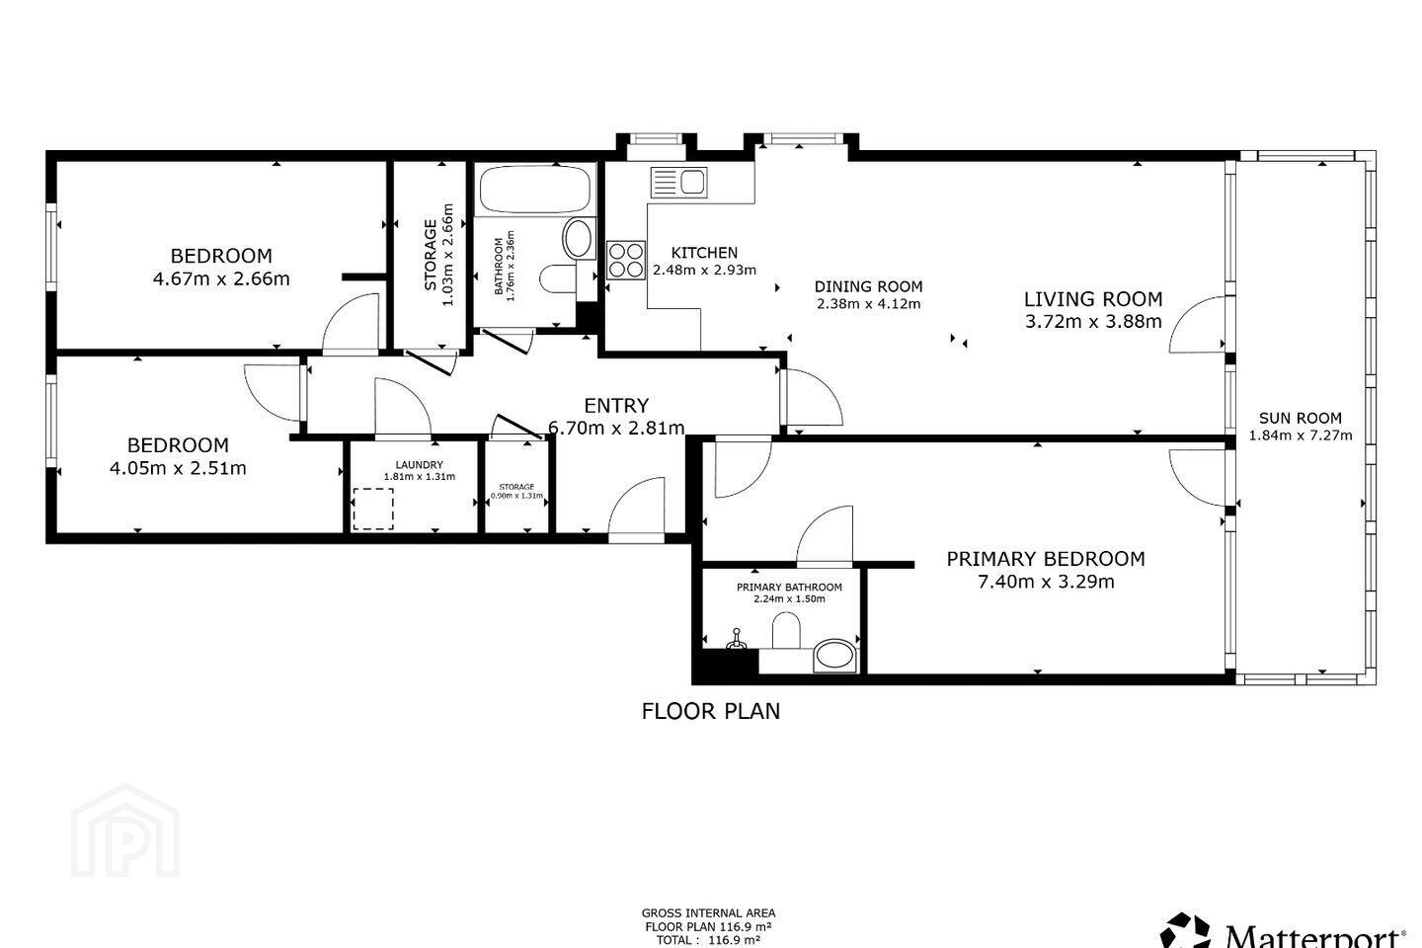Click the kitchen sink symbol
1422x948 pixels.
pyautogui.click(x=678, y=183)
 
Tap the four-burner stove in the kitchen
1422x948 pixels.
pyautogui.click(x=625, y=261)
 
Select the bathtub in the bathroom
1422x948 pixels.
pyautogui.click(x=534, y=190)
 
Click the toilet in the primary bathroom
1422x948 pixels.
pyautogui.click(x=786, y=630)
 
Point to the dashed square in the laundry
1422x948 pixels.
pyautogui.click(x=372, y=509)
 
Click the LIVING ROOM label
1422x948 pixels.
pyautogui.click(x=1093, y=299)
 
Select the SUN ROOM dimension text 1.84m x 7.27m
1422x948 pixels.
pyautogui.click(x=1301, y=435)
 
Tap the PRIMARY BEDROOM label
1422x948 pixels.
pyautogui.click(x=1046, y=559)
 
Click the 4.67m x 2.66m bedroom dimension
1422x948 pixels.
pyautogui.click(x=221, y=278)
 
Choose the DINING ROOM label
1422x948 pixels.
pyautogui.click(x=868, y=286)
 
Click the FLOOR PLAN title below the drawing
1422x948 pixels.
pyautogui.click(x=711, y=711)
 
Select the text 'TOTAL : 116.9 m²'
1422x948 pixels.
pyautogui.click(x=708, y=940)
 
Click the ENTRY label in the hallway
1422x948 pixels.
pyautogui.click(x=616, y=405)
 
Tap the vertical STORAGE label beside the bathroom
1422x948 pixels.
pyautogui.click(x=431, y=255)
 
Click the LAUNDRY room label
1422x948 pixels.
pyautogui.click(x=419, y=465)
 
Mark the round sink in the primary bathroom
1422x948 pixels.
pyautogui.click(x=834, y=656)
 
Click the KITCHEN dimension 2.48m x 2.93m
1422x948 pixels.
pyautogui.click(x=705, y=270)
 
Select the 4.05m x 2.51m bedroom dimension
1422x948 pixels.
pyautogui.click(x=178, y=469)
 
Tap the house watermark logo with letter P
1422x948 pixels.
pyautogui.click(x=125, y=831)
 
